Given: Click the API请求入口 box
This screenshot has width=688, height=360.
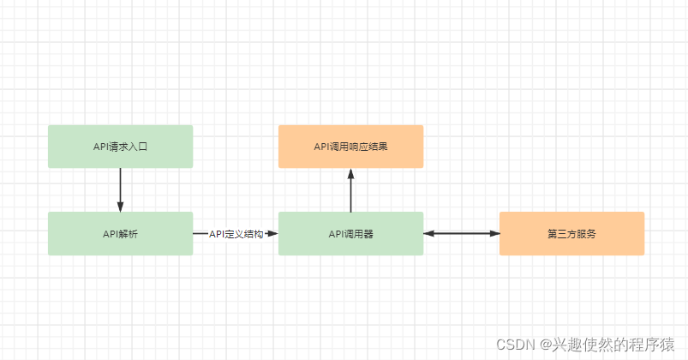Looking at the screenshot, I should click(120, 147).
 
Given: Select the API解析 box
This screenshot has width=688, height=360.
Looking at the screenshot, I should click(120, 233).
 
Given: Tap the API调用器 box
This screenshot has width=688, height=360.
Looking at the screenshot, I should click(350, 233).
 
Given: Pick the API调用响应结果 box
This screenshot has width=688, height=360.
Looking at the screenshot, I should click(350, 147).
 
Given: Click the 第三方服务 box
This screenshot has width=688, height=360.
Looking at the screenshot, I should click(571, 233).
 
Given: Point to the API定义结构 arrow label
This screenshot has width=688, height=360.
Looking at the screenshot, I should click(236, 233).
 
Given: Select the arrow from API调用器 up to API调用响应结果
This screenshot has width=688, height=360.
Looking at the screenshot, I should click(350, 193).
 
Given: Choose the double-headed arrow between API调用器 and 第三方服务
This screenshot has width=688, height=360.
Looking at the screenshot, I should click(462, 233).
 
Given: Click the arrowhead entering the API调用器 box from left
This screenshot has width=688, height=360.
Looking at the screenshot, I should click(272, 233).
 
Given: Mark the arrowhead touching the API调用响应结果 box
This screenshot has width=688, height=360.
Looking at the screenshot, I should click(350, 174).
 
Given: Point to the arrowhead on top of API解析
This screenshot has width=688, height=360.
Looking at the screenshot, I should click(120, 206).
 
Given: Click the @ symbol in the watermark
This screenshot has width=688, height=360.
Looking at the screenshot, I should click(545, 345).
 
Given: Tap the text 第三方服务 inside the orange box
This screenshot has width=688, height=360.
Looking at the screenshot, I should click(571, 233).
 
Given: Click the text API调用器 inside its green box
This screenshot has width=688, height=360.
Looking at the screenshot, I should click(350, 233).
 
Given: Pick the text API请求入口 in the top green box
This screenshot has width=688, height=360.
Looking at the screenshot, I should click(120, 147).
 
